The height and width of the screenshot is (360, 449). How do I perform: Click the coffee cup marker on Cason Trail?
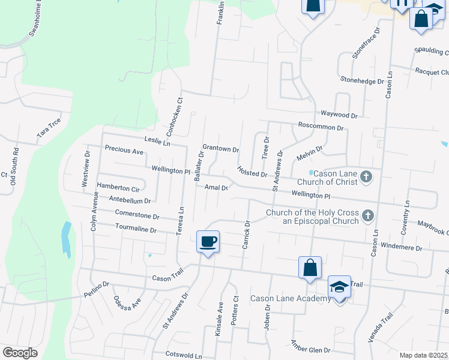click(208, 242)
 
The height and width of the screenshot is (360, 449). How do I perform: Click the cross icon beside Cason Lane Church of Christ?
click(367, 177)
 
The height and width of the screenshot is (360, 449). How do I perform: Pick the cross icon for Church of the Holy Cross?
click(367, 215)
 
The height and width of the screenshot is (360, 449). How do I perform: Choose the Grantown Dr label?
click(221, 149)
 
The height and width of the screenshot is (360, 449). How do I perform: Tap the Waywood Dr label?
click(339, 114)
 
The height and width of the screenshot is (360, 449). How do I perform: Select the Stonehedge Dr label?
click(362, 80)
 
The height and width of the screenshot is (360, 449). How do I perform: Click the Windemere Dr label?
click(402, 247)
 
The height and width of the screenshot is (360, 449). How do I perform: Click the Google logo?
click(20, 352)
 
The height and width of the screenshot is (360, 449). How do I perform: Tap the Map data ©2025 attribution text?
click(423, 355)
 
